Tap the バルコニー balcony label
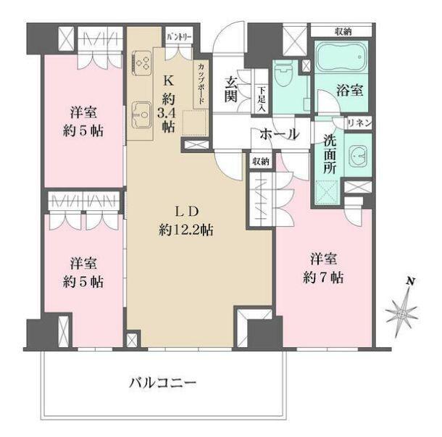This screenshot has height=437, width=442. point(163,381)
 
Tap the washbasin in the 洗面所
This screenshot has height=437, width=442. point(357,154)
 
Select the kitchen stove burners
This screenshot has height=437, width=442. point(141,64)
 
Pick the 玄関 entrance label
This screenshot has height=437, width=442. point(232,88)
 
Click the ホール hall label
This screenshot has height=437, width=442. point(275,133)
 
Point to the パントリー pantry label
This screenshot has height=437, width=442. point(178,36)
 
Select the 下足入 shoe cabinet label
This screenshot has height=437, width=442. point(261,98)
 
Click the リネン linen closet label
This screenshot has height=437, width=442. point(359,123)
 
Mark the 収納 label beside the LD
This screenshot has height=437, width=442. point(260,162)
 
